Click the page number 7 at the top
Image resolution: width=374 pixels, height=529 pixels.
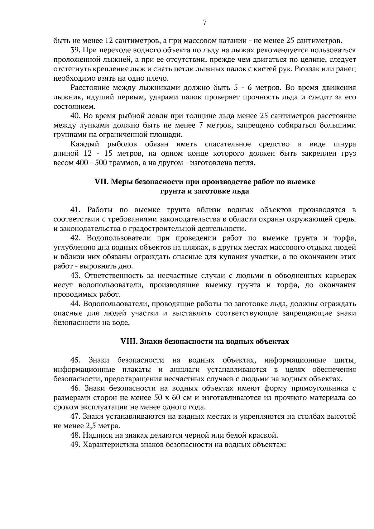click(204, 22)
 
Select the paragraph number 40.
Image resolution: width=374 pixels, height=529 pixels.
click(76, 116)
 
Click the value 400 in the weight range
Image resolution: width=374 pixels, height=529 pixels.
click(82, 163)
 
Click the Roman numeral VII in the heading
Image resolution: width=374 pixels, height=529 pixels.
click(101, 182)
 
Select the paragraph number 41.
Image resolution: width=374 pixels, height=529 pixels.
click(76, 210)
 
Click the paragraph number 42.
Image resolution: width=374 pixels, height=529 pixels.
click(76, 238)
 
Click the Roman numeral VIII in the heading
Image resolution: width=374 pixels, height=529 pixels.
click(129, 341)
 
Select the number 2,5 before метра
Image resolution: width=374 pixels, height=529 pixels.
click(90, 426)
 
